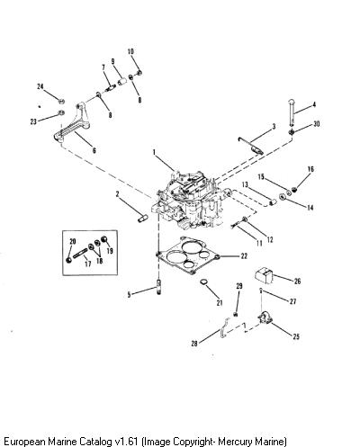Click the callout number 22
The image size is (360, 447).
point(244,255)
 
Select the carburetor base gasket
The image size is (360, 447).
point(188,255)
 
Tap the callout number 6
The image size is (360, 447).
point(94,150)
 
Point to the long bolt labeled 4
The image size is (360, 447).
point(292,112)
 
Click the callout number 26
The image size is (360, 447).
point(297,281)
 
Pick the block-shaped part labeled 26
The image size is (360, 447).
point(264,275)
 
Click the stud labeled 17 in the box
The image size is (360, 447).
point(81,254)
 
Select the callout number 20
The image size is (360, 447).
point(73,241)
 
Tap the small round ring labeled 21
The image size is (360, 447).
point(204,282)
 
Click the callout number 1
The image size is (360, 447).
point(154,152)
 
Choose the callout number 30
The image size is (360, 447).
point(316,124)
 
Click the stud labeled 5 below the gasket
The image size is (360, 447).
point(159,287)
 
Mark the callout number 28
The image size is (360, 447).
point(194,344)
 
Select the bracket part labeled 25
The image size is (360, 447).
point(265,318)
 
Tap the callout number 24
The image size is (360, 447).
point(40,86)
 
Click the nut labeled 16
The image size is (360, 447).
point(294,189)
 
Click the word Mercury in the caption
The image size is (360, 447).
point(236,442)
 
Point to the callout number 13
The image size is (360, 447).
point(245,184)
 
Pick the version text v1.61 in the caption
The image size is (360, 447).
point(126,441)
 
